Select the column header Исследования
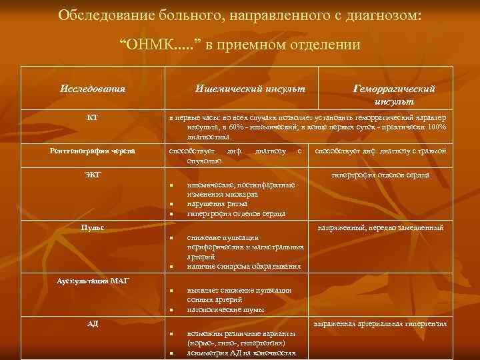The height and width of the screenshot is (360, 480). pyautogui.click(x=93, y=88)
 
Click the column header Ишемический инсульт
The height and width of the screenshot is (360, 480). pyautogui.click(x=250, y=88)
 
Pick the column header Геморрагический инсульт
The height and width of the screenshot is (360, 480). pyautogui.click(x=394, y=94)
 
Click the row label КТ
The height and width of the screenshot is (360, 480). pyautogui.click(x=93, y=117)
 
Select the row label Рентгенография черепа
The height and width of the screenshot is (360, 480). pyautogui.click(x=93, y=151)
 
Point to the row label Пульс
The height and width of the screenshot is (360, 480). pyautogui.click(x=93, y=228)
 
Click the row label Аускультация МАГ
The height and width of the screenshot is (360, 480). pyautogui.click(x=93, y=281)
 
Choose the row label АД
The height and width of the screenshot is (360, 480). pyautogui.click(x=93, y=324)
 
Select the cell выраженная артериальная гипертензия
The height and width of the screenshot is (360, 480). pyautogui.click(x=381, y=324)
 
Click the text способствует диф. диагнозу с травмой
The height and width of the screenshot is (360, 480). pyautogui.click(x=380, y=151)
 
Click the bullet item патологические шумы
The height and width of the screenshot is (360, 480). pyautogui.click(x=217, y=310)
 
